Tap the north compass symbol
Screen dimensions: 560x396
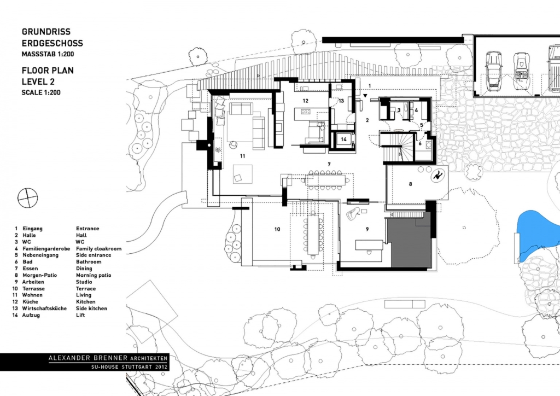coord(27,198)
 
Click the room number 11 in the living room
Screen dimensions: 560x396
coord(243,156)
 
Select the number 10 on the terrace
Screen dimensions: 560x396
coord(277,229)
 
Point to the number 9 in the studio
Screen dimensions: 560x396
coord(367,229)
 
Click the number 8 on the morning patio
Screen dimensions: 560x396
coord(410,184)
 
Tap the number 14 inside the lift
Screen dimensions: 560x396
coord(343,139)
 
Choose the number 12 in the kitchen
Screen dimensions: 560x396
coord(305,101)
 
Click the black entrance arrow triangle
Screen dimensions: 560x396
coord(365,96)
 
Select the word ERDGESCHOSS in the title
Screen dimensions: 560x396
coord(52,43)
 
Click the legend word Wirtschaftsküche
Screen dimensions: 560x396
coord(44,308)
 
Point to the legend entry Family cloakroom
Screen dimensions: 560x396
coord(98,248)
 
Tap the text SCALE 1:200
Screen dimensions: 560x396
coord(41,92)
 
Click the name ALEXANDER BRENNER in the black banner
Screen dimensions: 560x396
coord(88,358)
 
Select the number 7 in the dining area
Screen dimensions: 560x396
coord(329,165)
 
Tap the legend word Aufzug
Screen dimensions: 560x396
coord(31,315)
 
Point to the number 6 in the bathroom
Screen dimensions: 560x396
coord(420,143)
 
